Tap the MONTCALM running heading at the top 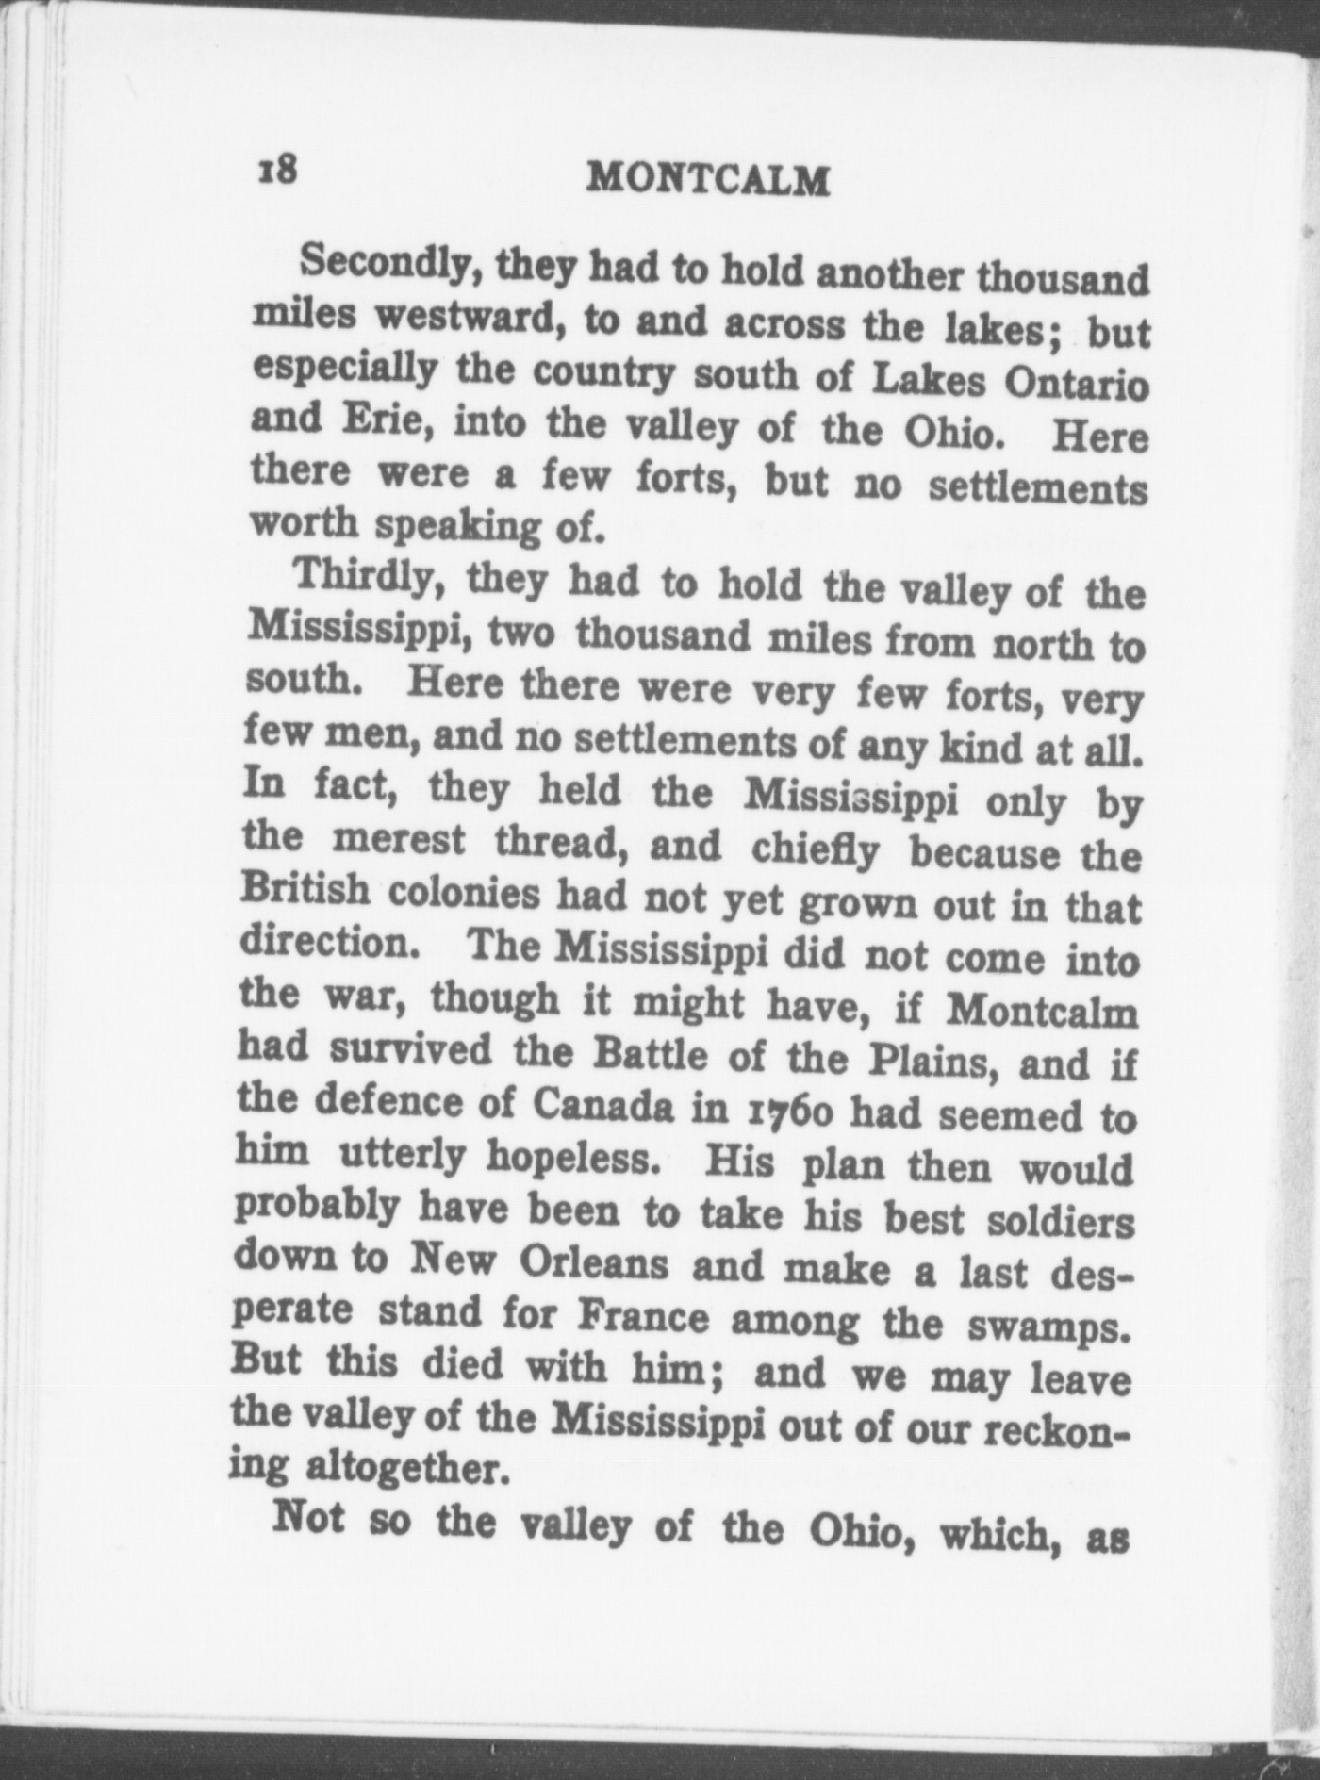[707, 179]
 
